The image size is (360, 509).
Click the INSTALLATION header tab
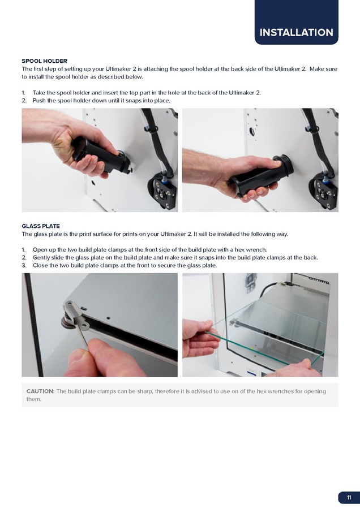(296, 22)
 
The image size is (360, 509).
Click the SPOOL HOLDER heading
(45, 61)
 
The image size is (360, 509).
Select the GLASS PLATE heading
(41, 226)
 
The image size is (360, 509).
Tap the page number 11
(349, 498)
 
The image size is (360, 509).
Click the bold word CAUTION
(41, 391)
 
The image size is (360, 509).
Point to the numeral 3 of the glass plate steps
(24, 266)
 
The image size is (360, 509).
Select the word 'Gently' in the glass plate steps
(41, 258)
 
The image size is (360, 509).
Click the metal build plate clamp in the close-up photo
(74, 313)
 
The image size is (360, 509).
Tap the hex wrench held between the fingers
(83, 334)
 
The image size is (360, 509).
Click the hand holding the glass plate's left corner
(198, 338)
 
